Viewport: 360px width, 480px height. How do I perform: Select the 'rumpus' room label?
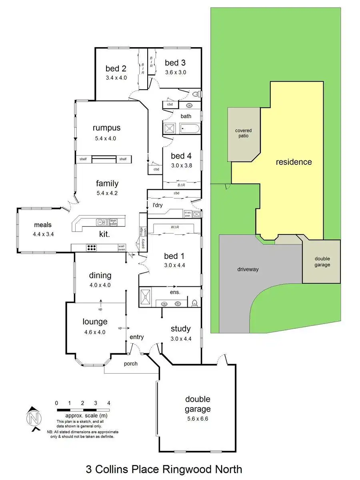[x=106, y=128]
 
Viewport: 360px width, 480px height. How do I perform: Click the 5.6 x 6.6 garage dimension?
[x=197, y=419]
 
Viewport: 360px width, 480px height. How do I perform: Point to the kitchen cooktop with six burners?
[x=92, y=248]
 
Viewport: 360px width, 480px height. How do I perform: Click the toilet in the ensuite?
[x=195, y=303]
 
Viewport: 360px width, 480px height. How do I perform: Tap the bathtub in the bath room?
[x=190, y=128]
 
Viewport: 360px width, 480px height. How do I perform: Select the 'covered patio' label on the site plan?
[x=244, y=133]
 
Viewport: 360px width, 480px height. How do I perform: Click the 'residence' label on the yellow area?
[x=294, y=162]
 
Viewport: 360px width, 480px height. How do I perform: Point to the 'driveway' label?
[x=247, y=269]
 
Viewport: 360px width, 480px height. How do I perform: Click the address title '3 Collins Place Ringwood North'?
[x=164, y=469]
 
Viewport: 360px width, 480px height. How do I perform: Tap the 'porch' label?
[x=131, y=364]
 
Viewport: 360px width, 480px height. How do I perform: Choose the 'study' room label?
[x=181, y=329]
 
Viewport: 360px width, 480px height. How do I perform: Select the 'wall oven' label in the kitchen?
[x=121, y=248]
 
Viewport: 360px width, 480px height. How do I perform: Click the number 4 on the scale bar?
[x=109, y=403]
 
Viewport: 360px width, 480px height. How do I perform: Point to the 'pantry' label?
[x=144, y=244]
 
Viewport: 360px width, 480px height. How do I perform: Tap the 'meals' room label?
[x=43, y=224]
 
